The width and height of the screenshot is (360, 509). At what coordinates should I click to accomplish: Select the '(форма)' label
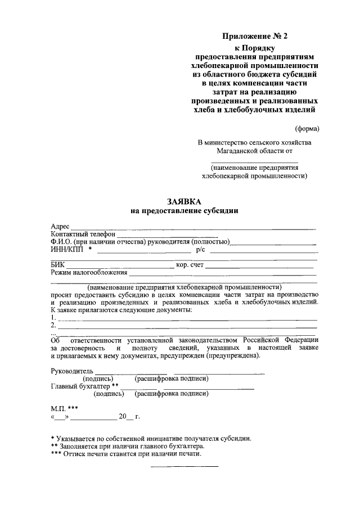307,129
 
